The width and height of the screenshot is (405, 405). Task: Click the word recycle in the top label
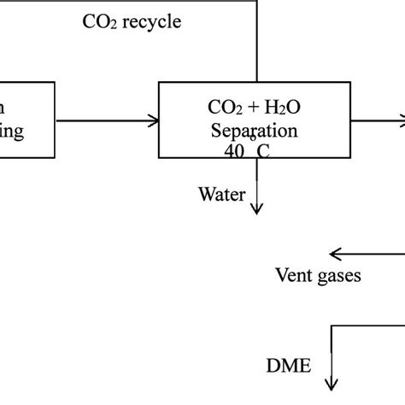coord(150,22)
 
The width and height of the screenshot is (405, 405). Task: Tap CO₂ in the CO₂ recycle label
coord(99,22)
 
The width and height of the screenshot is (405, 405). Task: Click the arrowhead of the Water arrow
coord(257,208)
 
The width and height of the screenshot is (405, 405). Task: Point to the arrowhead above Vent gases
coord(335,253)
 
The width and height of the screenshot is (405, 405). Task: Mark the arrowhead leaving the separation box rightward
coord(398,120)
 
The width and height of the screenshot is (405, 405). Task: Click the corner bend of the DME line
coord(331,325)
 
